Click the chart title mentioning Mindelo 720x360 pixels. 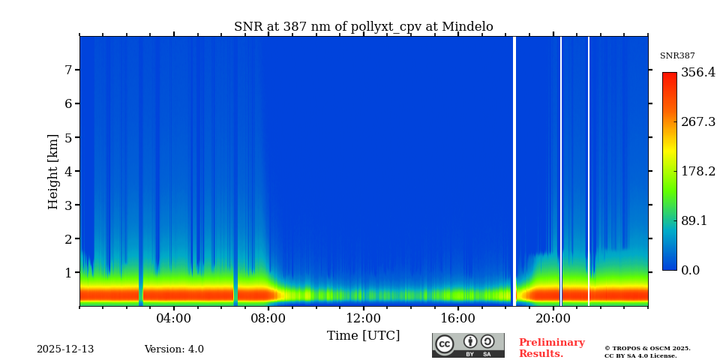coord(363,27)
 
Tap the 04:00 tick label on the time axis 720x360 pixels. coord(173,318)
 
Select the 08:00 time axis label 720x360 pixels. coord(268,318)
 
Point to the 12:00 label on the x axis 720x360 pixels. coord(363,318)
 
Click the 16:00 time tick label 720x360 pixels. coord(457,318)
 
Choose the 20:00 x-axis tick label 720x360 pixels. coord(553,318)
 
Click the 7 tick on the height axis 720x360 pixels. coord(67,70)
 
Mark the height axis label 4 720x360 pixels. coord(67,171)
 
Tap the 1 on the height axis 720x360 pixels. coord(67,273)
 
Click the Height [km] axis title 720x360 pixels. coord(53,171)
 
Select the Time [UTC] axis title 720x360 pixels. coord(363,336)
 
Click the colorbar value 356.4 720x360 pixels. coord(697,73)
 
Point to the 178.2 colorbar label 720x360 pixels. coord(697,172)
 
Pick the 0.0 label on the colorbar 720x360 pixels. coord(691,271)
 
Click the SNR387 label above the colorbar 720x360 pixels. coord(677,56)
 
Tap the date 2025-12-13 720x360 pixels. coord(65,349)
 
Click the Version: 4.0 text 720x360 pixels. coord(174,349)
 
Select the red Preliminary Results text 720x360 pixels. coord(551,348)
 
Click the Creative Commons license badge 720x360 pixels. coord(468,345)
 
